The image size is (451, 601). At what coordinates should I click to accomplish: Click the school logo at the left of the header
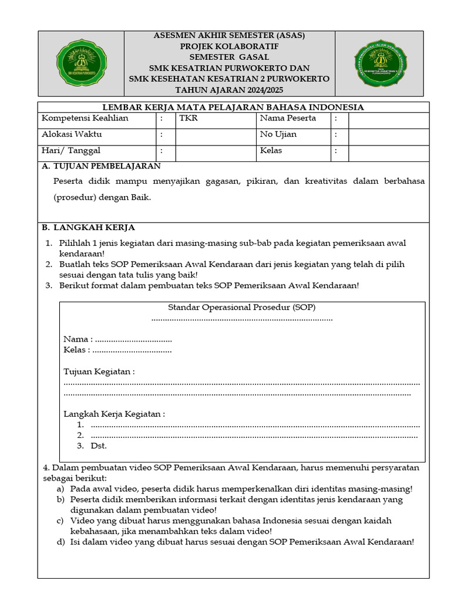[x=82, y=63]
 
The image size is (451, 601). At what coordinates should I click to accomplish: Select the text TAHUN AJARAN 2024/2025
[x=229, y=89]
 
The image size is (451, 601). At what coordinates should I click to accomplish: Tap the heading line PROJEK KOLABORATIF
[x=229, y=46]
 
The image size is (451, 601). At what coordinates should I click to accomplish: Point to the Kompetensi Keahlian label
[x=85, y=119]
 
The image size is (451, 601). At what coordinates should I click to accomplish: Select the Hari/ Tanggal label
[x=71, y=151]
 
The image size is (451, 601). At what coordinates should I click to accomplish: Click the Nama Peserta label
[x=288, y=119]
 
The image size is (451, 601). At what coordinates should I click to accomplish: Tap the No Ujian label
[x=278, y=134]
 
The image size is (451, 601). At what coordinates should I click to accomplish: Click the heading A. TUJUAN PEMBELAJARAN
[x=101, y=166]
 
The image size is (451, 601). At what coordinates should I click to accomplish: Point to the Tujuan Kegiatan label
[x=99, y=372]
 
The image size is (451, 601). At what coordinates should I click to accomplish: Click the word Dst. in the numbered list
[x=99, y=446]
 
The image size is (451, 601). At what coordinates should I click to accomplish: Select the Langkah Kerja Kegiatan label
[x=114, y=414]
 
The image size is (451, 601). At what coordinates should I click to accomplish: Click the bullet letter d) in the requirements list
[x=60, y=542]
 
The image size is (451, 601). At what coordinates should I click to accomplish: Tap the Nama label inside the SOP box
[x=77, y=339]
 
